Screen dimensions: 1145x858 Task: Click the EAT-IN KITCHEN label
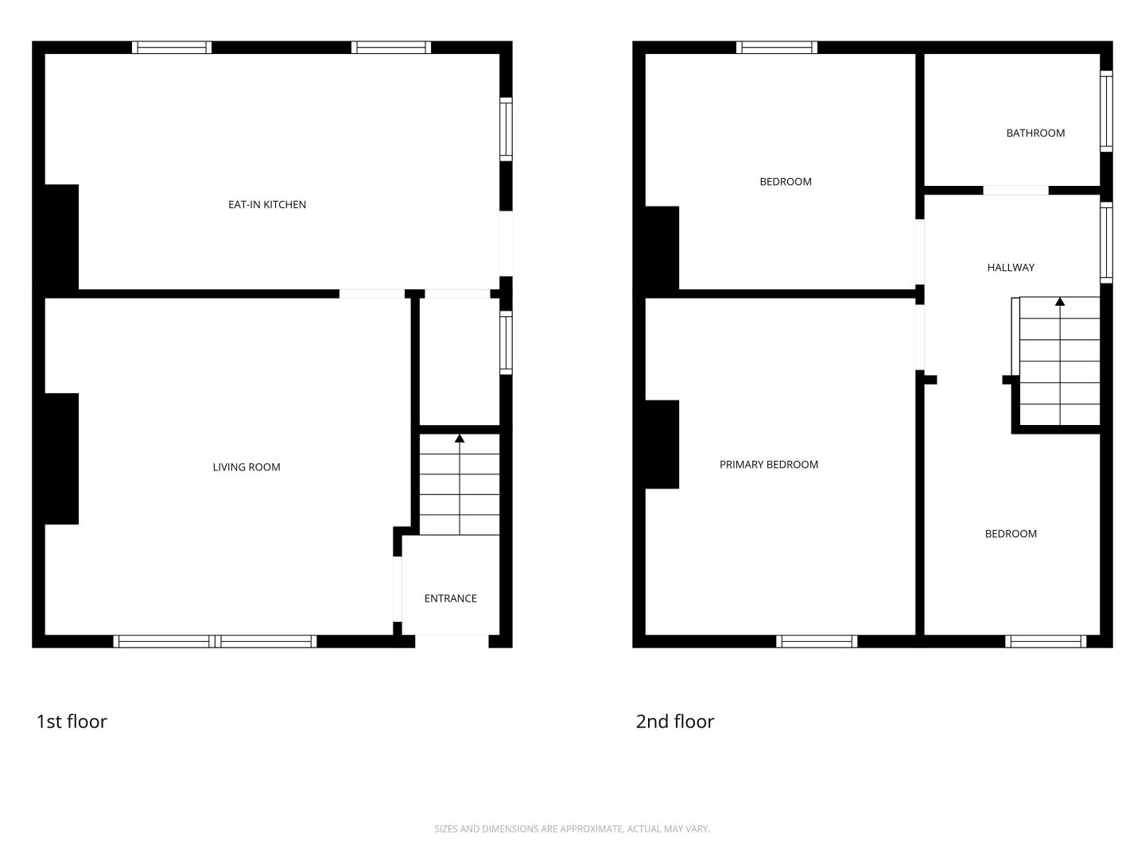267,205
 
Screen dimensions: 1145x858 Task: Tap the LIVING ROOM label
246,467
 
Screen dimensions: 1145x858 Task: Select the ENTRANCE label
451,598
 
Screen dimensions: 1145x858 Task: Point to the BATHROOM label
1035,133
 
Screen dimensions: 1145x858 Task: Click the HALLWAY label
1011,268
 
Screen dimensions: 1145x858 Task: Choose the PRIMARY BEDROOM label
769,465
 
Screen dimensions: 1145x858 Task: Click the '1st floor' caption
72,721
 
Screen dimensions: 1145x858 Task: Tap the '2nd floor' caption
675,721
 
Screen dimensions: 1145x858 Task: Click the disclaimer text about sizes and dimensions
572,829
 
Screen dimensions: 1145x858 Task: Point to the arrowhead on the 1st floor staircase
460,439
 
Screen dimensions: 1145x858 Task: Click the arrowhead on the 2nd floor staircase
1060,302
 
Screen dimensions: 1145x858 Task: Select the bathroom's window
1106,111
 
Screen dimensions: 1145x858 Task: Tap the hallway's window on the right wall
1106,243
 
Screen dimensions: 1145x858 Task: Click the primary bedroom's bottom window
817,641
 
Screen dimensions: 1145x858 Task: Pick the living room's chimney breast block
61,459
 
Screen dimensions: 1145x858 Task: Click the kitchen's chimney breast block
61,237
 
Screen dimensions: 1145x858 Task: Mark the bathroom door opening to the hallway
1015,191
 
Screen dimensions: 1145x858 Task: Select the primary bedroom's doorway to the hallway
920,338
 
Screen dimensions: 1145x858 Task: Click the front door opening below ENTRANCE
452,641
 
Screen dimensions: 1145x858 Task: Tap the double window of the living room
215,641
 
